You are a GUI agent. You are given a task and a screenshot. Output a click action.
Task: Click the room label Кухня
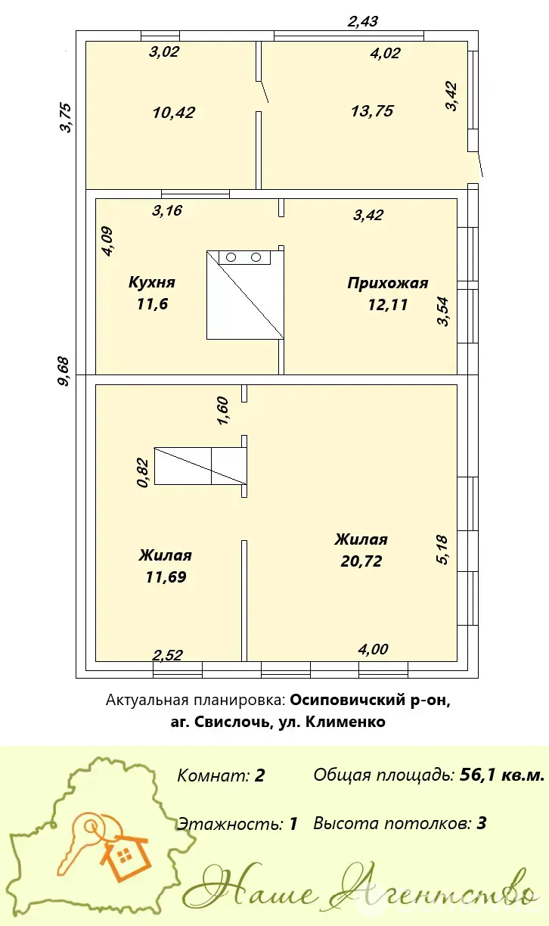[x=152, y=283]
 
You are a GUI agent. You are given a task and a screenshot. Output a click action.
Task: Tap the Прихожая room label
[x=388, y=284]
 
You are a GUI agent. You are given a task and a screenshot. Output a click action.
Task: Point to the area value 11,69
[x=166, y=576]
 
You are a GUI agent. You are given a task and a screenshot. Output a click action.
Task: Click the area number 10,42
[x=174, y=113]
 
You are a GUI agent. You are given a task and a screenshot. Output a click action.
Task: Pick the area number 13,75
[x=372, y=110]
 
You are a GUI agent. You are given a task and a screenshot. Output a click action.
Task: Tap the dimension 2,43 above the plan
[x=363, y=21]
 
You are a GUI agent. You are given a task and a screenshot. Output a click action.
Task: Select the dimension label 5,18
[x=443, y=550]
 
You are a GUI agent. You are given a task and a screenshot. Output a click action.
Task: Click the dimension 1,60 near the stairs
[x=222, y=411]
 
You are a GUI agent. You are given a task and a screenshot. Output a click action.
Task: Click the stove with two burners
[x=244, y=257]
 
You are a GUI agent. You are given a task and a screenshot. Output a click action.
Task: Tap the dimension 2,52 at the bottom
[x=168, y=655]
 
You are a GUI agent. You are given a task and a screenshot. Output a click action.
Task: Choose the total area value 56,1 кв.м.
[x=502, y=775]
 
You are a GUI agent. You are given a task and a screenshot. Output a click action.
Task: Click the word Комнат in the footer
[x=211, y=775]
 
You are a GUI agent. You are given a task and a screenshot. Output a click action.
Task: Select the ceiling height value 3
[x=481, y=823]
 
